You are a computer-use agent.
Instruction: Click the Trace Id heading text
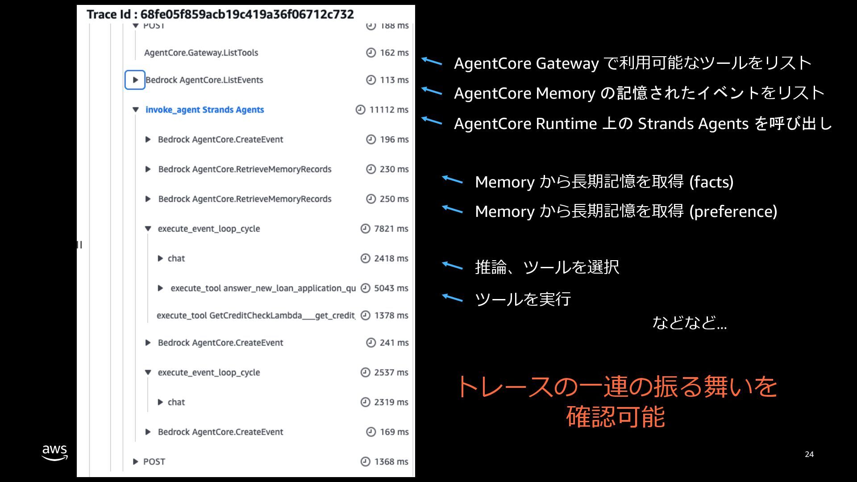220,14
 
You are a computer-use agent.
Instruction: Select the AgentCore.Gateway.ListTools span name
201,53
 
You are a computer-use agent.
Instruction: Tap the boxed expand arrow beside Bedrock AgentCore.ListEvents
135,80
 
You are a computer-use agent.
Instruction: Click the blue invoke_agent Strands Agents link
204,110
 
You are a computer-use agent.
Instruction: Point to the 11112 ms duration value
388,110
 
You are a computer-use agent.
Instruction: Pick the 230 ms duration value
394,169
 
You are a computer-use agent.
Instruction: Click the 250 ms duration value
394,199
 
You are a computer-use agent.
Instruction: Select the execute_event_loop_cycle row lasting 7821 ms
208,229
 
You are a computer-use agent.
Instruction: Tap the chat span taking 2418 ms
176,258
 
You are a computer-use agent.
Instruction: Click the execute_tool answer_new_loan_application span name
263,288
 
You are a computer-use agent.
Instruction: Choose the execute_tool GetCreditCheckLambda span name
256,316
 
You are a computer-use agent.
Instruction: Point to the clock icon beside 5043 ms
365,288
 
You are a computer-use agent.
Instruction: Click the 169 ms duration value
394,432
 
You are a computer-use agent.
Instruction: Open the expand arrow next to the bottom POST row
135,461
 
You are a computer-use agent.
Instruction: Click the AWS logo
54,452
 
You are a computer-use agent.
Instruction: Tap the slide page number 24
809,454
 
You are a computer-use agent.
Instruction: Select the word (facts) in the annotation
711,182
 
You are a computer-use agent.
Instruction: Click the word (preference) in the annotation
733,212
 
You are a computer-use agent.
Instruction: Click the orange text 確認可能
616,416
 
